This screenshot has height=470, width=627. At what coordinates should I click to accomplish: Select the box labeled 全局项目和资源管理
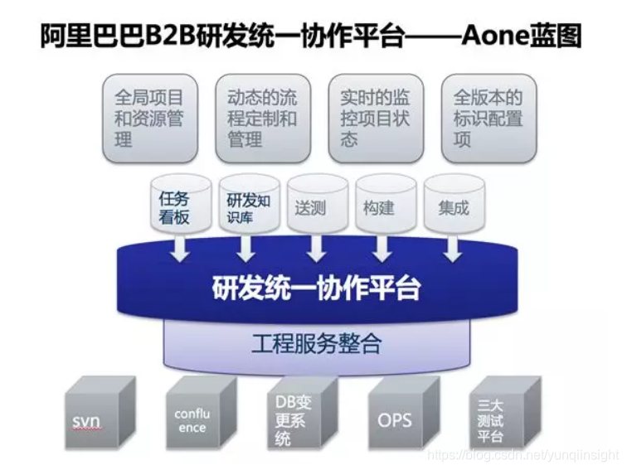click(x=149, y=119)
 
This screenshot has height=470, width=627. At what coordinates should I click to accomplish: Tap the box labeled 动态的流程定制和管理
click(x=262, y=119)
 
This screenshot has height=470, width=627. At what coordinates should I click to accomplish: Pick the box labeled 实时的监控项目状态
click(x=375, y=119)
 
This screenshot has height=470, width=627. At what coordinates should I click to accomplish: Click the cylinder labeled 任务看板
click(x=174, y=206)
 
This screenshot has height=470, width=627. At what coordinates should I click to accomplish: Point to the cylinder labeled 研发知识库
click(x=245, y=206)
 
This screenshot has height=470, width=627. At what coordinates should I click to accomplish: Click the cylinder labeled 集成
click(x=453, y=207)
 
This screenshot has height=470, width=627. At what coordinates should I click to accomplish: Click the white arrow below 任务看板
click(x=179, y=249)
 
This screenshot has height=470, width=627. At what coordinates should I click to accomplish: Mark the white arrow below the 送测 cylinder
click(x=315, y=249)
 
